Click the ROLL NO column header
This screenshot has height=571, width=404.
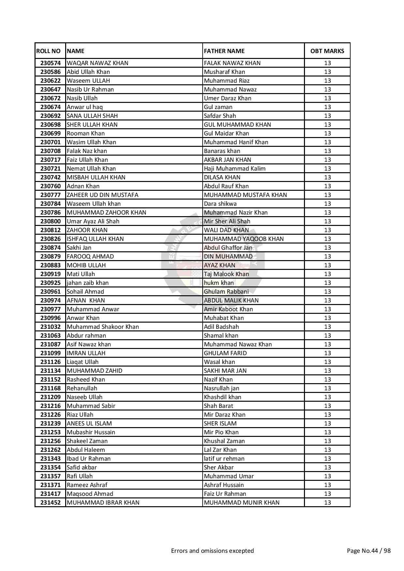[49, 51]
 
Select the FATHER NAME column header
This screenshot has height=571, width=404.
[224, 51]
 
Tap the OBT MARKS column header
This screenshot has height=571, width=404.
[327, 51]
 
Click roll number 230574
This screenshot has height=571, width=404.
[50, 63]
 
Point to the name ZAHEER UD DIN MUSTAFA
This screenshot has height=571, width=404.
[102, 195]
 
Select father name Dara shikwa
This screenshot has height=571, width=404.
[220, 203]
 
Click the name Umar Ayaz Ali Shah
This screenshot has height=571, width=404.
[93, 221]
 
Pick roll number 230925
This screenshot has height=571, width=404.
[50, 283]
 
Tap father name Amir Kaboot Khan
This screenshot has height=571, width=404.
[228, 309]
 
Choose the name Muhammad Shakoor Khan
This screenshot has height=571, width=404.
[103, 327]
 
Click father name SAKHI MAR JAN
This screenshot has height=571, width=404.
[225, 370]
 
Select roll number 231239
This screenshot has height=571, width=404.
[50, 423]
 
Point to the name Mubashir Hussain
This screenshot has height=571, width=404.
[91, 432]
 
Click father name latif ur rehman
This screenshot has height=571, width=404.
[224, 458]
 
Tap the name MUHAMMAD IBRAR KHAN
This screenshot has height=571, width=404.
[103, 502]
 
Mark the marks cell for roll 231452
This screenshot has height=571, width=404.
[327, 502]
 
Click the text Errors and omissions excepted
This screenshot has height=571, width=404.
[212, 550]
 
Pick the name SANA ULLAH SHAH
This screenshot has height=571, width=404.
[92, 116]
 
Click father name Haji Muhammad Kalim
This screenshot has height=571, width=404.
[235, 168]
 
